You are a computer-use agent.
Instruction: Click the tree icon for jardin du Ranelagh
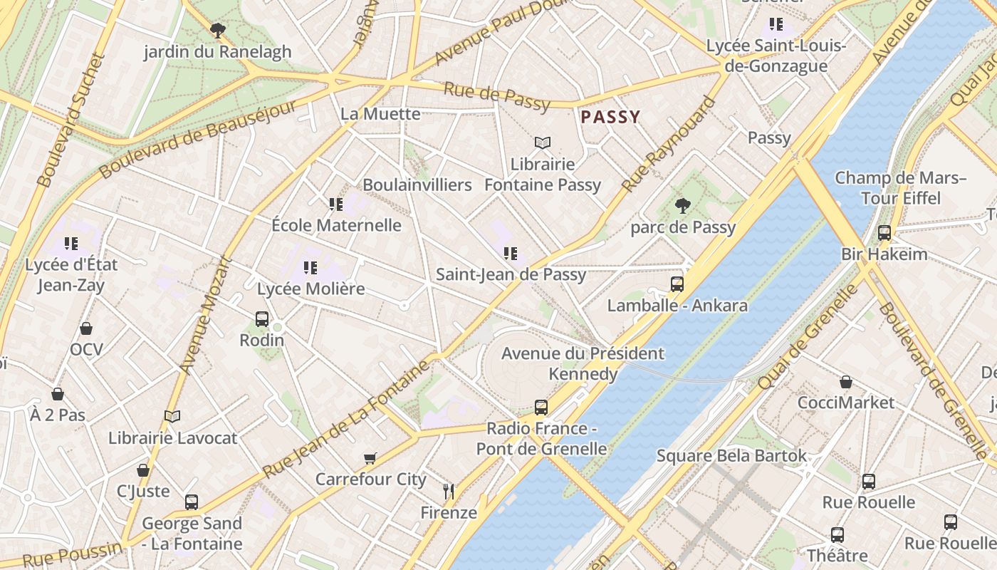[x=217, y=31]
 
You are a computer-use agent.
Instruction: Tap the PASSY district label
[x=610, y=117]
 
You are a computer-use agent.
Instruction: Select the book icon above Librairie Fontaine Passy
[x=543, y=143]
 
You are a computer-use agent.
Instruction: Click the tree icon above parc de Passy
[x=682, y=206]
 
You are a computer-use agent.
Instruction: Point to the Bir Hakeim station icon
[x=884, y=233]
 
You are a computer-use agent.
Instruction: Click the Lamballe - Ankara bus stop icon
[x=677, y=284]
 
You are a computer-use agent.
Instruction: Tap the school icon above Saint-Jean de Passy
[x=510, y=254]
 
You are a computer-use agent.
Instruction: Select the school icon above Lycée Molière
[x=310, y=268]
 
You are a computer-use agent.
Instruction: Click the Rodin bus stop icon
[x=261, y=318]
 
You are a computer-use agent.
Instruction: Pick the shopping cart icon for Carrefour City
[x=370, y=458]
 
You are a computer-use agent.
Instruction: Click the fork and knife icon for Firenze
[x=449, y=491]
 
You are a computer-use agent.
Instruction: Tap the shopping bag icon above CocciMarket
[x=845, y=382]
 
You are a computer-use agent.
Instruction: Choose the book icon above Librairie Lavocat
[x=172, y=416]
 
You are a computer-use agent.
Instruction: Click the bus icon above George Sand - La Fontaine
[x=191, y=502]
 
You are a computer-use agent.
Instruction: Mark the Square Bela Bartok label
[x=731, y=455]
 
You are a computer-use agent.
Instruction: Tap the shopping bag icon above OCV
[x=86, y=328]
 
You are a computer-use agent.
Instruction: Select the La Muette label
[x=380, y=114]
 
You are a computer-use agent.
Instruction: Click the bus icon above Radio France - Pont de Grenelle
[x=541, y=408]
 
